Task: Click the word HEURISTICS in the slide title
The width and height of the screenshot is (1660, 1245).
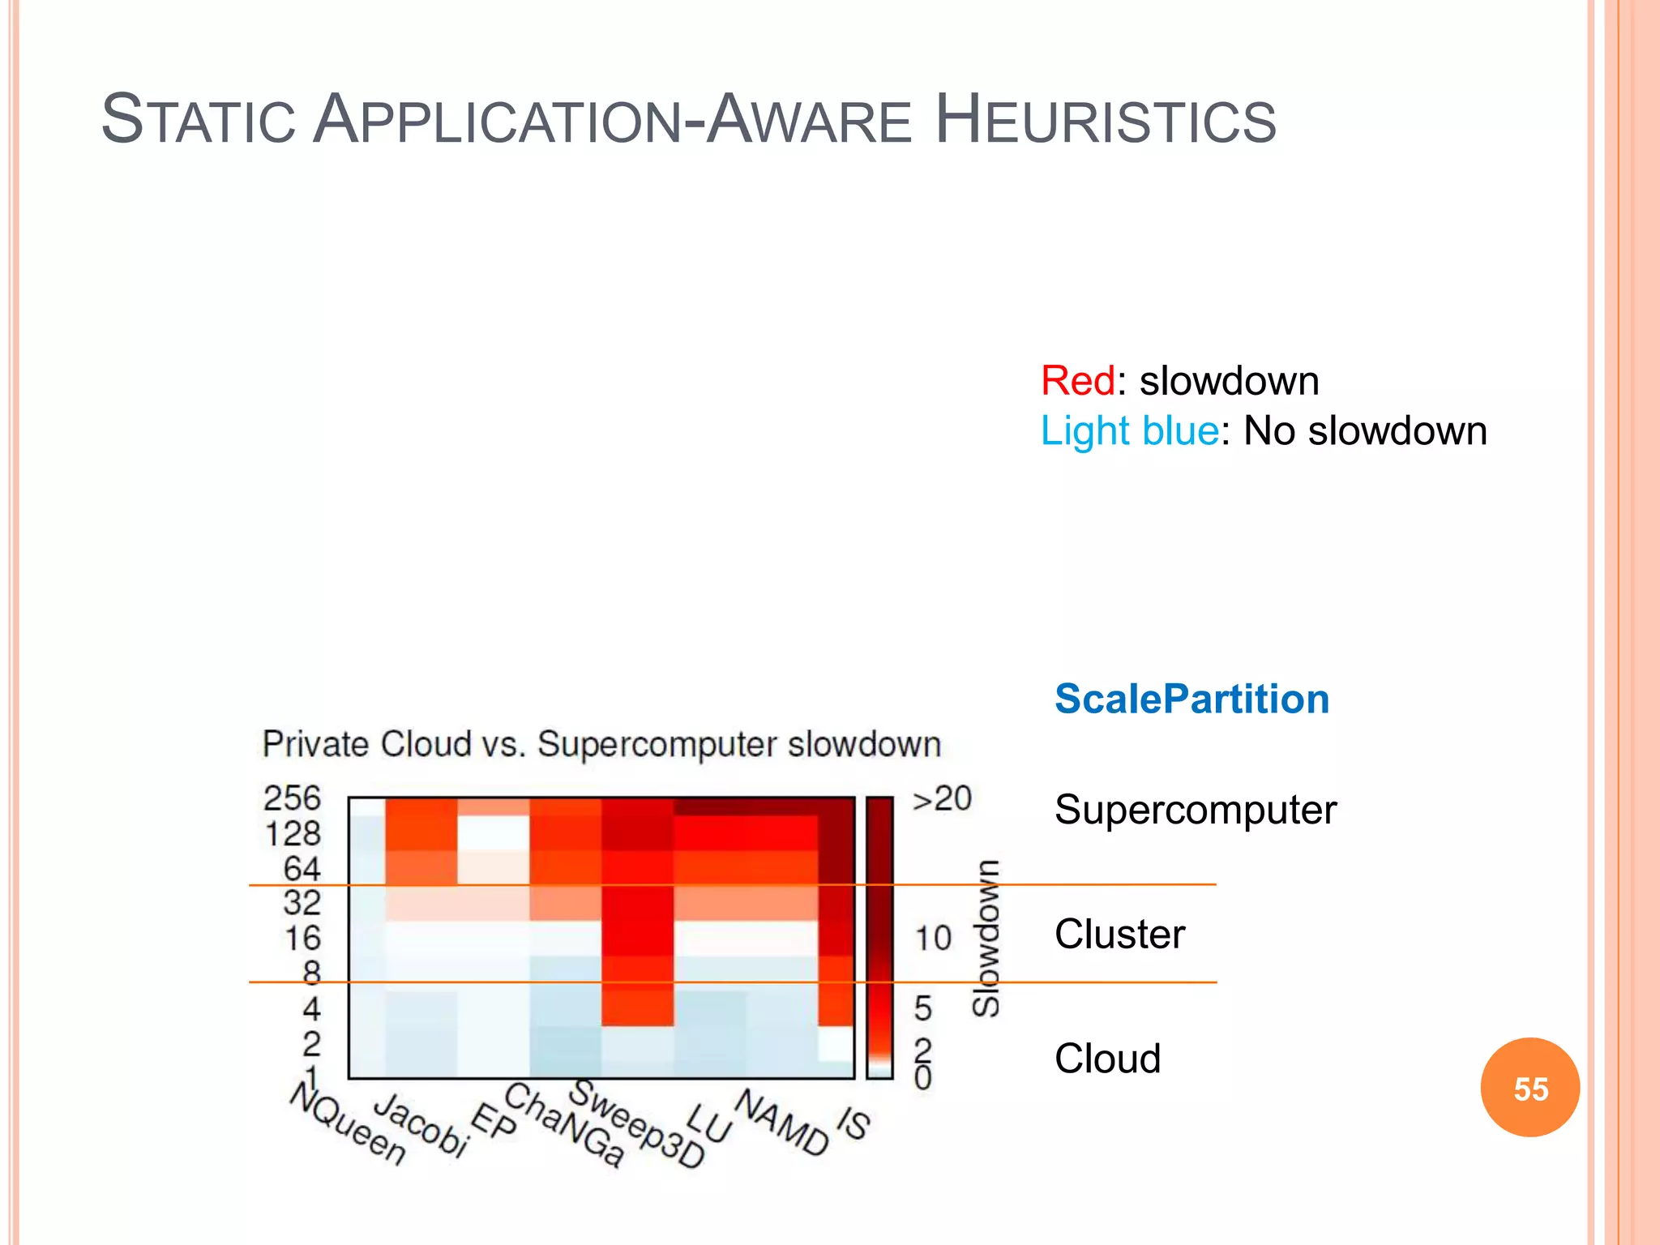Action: (x=1106, y=121)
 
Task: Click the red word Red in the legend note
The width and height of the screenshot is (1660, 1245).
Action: (x=1077, y=381)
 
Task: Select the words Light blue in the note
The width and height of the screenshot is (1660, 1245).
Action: (x=1129, y=431)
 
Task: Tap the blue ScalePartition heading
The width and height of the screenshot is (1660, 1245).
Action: (x=1192, y=699)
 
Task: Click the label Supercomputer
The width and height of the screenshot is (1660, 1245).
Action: (x=1195, y=810)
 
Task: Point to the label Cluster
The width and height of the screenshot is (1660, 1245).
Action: (x=1119, y=935)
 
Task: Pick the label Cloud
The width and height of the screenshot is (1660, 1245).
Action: (x=1107, y=1059)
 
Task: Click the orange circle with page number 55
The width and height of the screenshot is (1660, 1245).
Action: (x=1530, y=1088)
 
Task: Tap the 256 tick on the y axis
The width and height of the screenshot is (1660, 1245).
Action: (x=292, y=798)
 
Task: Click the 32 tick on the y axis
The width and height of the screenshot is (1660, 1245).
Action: (x=302, y=903)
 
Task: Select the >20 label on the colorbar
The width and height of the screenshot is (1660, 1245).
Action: (x=942, y=799)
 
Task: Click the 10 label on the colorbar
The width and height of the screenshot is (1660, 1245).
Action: (x=932, y=939)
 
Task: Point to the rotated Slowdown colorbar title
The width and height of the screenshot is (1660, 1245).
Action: (x=986, y=939)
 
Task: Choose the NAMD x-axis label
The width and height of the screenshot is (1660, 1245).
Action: (x=781, y=1123)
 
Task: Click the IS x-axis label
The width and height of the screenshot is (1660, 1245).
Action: (x=853, y=1123)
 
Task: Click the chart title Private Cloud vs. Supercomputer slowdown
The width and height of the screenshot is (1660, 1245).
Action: (x=601, y=744)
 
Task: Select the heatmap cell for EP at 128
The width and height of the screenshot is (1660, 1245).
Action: (x=494, y=832)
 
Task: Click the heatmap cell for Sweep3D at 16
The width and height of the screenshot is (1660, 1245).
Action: (x=638, y=939)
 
